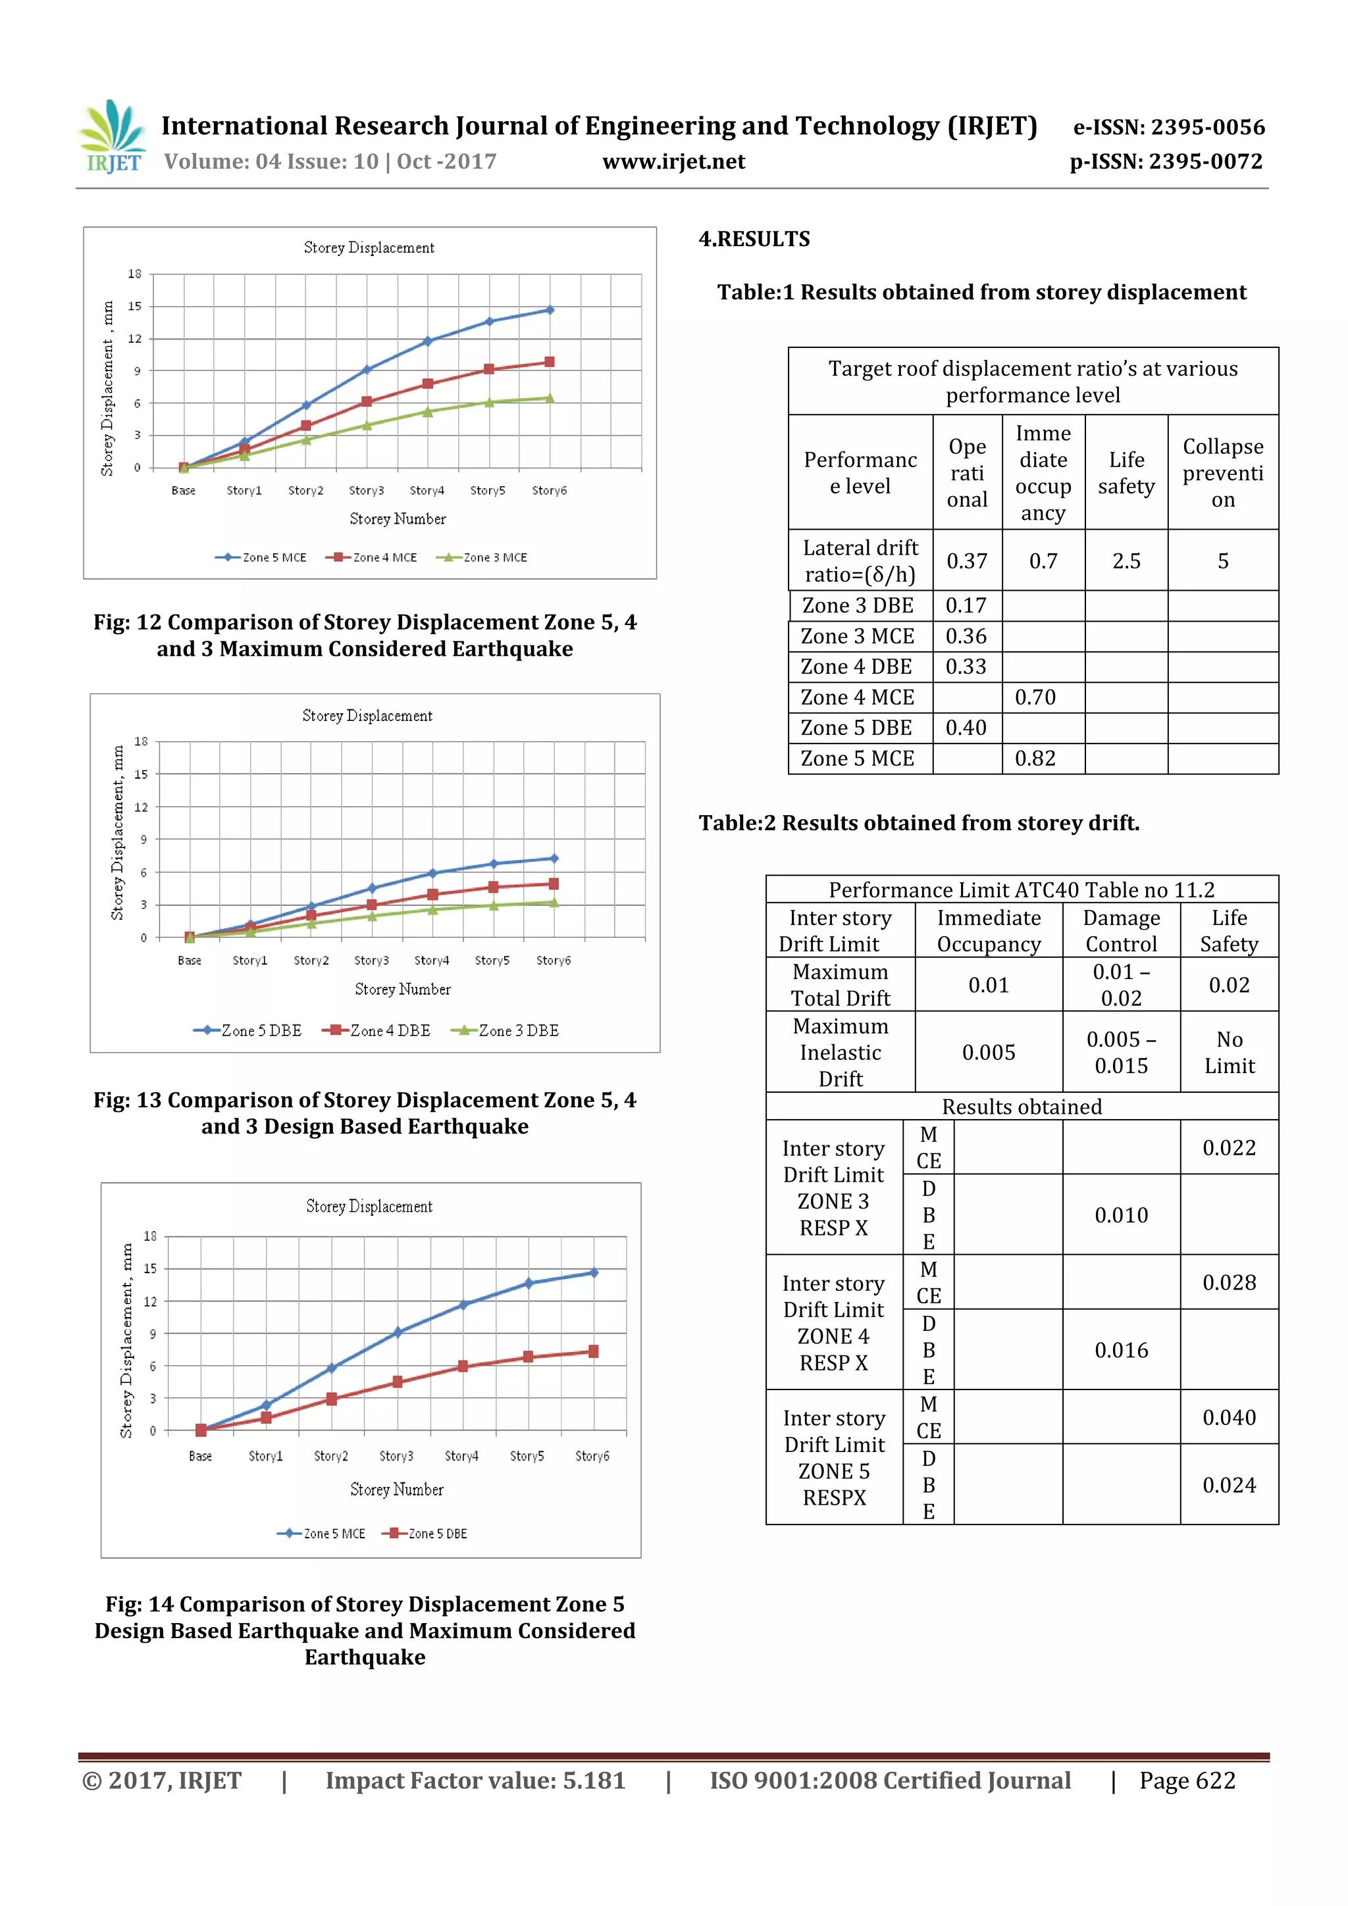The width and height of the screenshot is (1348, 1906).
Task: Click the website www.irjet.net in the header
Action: point(673,161)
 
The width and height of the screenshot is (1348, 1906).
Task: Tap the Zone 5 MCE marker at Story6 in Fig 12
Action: point(549,310)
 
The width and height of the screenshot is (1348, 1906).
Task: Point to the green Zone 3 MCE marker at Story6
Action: point(549,399)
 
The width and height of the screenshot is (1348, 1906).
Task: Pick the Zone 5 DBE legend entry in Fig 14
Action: point(425,1533)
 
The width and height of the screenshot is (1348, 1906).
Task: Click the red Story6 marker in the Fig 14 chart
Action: point(593,1351)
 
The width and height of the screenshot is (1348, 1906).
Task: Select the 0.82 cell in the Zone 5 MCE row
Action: point(1035,758)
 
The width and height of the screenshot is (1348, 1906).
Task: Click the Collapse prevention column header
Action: point(1222,472)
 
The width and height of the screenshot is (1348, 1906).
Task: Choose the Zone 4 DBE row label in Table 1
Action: point(856,666)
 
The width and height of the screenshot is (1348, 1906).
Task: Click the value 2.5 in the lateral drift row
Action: point(1126,561)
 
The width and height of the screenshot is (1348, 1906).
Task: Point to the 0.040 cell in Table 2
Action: point(1228,1417)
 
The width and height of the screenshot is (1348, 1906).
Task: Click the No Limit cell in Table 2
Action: point(1228,1052)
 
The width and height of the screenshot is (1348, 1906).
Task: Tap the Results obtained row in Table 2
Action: point(1021,1107)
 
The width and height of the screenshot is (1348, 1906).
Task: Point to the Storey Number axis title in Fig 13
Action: point(402,989)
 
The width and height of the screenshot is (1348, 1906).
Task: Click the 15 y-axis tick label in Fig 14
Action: point(150,1268)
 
